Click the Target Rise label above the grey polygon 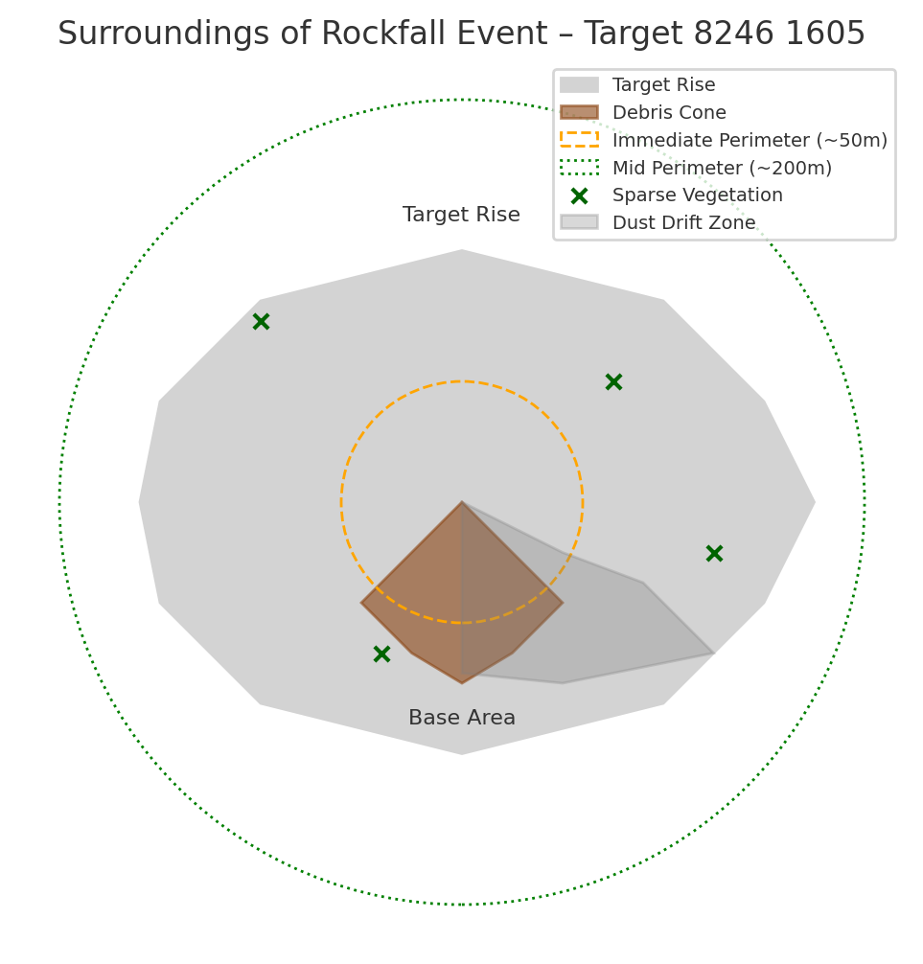click(461, 216)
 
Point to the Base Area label click(462, 719)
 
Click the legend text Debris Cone click(669, 113)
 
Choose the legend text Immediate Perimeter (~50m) click(750, 141)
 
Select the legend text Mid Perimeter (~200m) click(722, 169)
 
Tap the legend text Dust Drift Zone click(683, 223)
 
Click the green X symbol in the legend click(579, 195)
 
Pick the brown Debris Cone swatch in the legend click(579, 113)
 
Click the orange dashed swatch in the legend click(579, 141)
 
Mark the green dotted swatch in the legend click(579, 169)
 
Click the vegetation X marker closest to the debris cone click(381, 654)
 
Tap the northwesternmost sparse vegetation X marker click(261, 322)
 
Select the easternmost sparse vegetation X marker click(714, 554)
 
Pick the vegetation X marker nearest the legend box click(613, 382)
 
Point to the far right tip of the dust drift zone click(712, 654)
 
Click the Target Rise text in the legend click(663, 85)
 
